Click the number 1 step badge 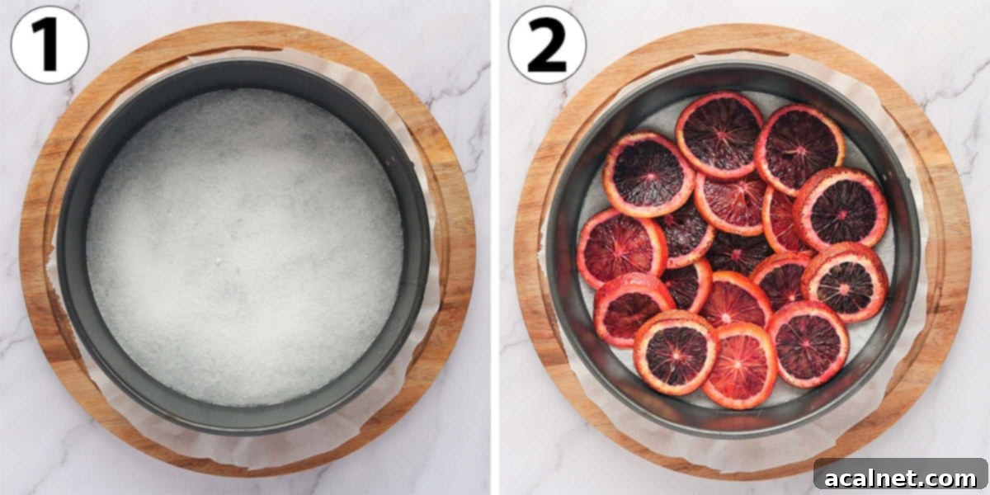click(x=49, y=45)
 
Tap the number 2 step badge click(x=546, y=45)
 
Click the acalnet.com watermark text click(x=900, y=478)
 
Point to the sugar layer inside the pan click(x=244, y=247)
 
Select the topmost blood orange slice click(x=719, y=134)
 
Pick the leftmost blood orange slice click(x=621, y=248)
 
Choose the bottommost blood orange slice click(x=739, y=365)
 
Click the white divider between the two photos click(x=493, y=247)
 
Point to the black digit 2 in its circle click(x=546, y=45)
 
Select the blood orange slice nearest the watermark click(x=808, y=343)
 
